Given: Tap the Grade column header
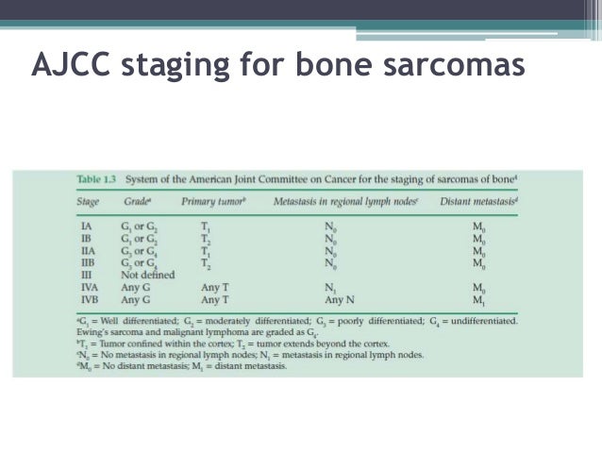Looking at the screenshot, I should [x=139, y=201].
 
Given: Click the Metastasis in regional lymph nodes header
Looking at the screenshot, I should [x=348, y=201].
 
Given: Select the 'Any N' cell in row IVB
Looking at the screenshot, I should [x=341, y=299].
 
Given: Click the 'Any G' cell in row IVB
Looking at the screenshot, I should [x=137, y=299].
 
